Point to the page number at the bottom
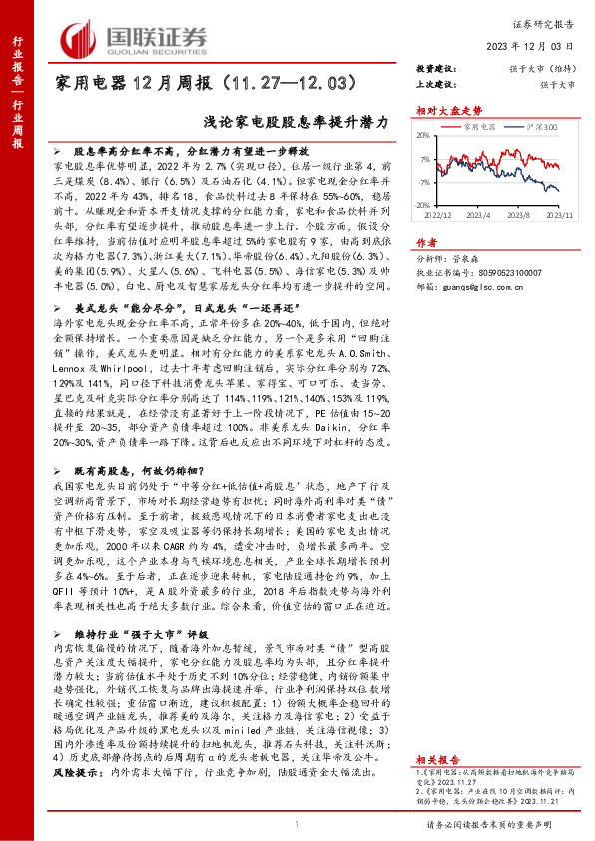(x=297, y=824)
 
